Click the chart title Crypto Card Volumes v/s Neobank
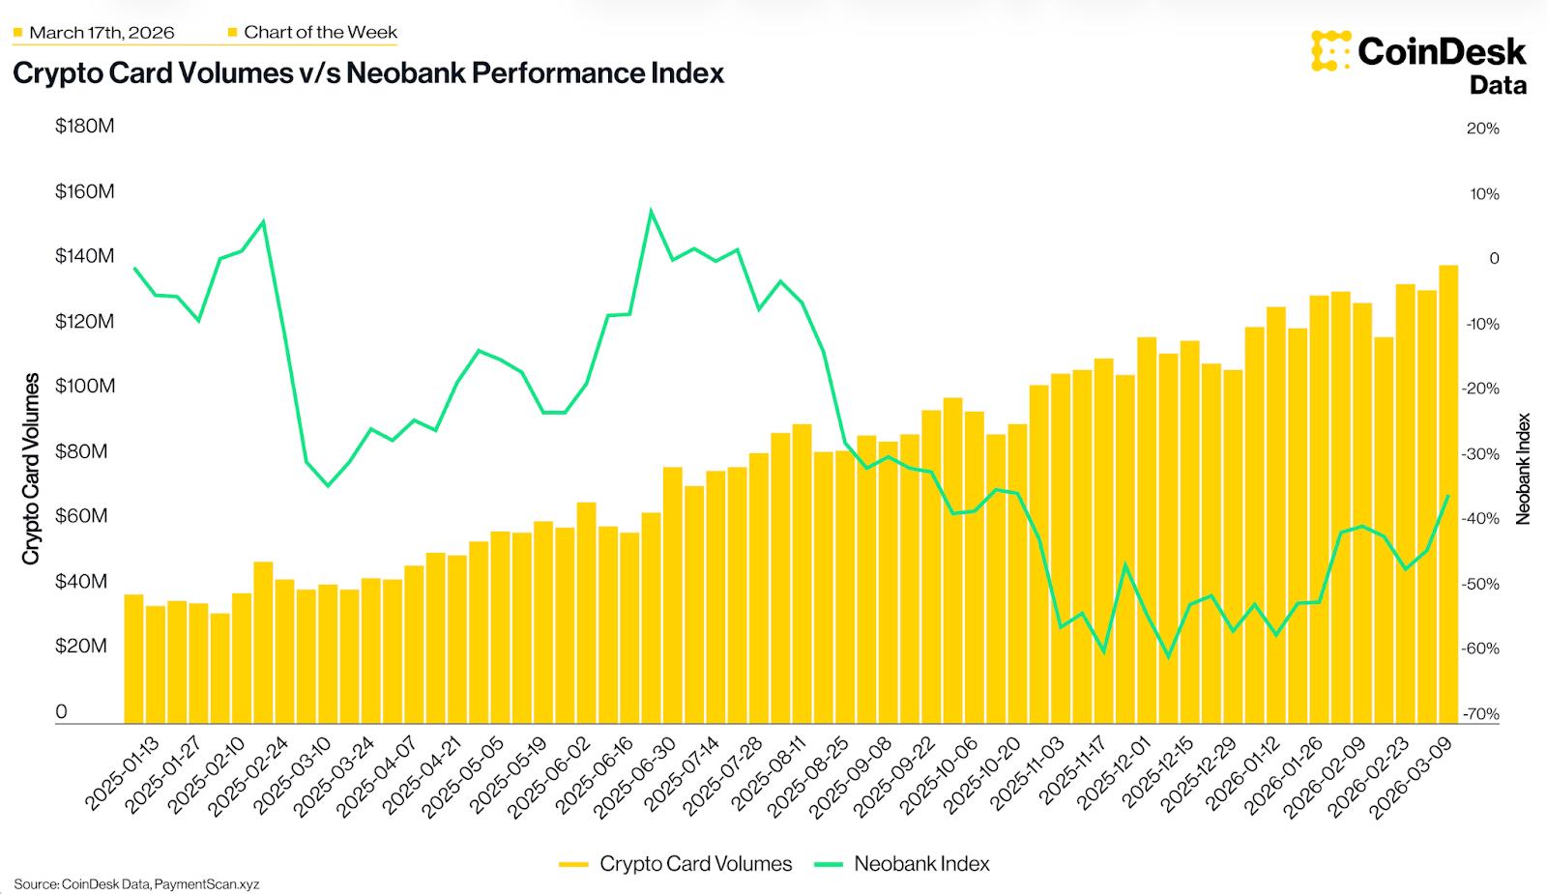(367, 73)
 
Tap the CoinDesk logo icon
(1330, 50)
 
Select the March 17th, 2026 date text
(102, 33)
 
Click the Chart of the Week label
(320, 32)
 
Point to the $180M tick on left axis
(84, 127)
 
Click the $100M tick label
(84, 387)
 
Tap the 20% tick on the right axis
(1482, 129)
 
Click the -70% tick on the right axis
(1480, 714)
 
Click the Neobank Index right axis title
(1524, 469)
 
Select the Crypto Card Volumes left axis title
(31, 469)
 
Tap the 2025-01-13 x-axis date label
(123, 774)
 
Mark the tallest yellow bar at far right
(1448, 493)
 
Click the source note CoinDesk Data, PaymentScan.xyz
(136, 884)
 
